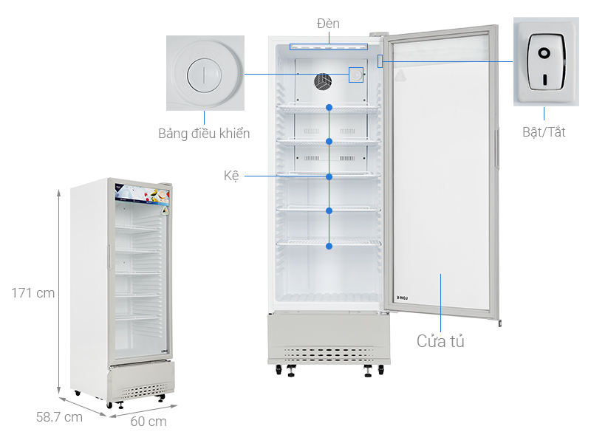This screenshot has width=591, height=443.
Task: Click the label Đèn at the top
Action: click(328, 24)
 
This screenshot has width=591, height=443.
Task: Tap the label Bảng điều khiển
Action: click(204, 134)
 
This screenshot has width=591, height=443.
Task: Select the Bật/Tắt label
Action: click(543, 132)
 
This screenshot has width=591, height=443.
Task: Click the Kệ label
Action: click(231, 176)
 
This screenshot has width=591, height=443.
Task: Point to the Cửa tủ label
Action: click(440, 341)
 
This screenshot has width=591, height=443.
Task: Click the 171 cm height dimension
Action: click(33, 293)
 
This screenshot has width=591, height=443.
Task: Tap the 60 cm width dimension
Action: click(148, 422)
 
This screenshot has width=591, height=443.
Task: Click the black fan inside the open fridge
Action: click(324, 81)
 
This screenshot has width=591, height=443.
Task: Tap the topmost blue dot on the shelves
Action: click(329, 107)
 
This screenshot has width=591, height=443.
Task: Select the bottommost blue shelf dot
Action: click(329, 246)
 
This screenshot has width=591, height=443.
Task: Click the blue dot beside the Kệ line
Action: click(329, 176)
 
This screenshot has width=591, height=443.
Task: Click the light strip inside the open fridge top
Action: click(329, 47)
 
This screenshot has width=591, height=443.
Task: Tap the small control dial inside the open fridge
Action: click(357, 75)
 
